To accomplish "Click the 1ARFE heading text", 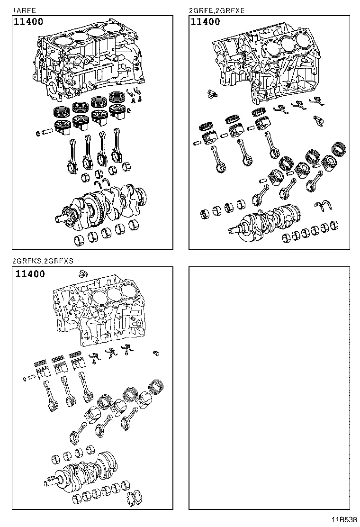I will click(23, 10).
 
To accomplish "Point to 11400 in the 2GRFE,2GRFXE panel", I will click(205, 22).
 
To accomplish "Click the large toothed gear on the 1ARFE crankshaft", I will click(92, 206).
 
